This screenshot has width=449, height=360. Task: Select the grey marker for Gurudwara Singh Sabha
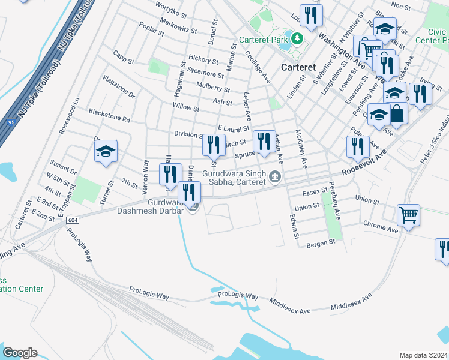[x=275, y=176]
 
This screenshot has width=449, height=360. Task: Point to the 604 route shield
[x=73, y=220]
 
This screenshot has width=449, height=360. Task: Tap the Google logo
[x=20, y=353]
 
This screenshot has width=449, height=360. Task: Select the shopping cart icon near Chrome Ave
[x=408, y=214]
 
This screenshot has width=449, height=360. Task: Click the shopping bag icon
[x=397, y=112]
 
